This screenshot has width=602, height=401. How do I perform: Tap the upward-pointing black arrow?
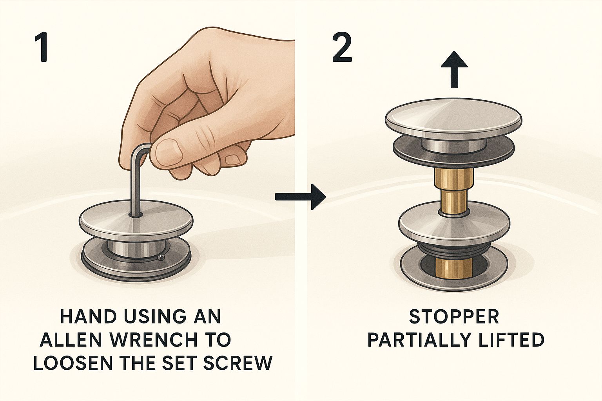(x=454, y=69)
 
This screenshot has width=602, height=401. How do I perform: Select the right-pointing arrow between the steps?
(x=301, y=197)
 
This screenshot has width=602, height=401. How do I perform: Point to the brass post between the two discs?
(x=454, y=191)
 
